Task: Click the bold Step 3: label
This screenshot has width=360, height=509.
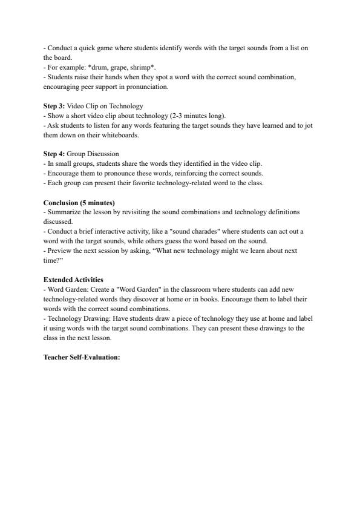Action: coord(54,106)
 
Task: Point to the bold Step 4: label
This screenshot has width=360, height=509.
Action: coord(54,154)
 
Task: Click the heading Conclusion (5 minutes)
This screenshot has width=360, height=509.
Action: coord(79,202)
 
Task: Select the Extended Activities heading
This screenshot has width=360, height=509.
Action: coord(73,280)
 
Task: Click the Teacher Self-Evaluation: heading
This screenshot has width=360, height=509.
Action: coord(82,357)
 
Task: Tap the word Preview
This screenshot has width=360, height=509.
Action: coord(59,251)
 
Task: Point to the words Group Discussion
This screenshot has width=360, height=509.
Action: coord(93,154)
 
